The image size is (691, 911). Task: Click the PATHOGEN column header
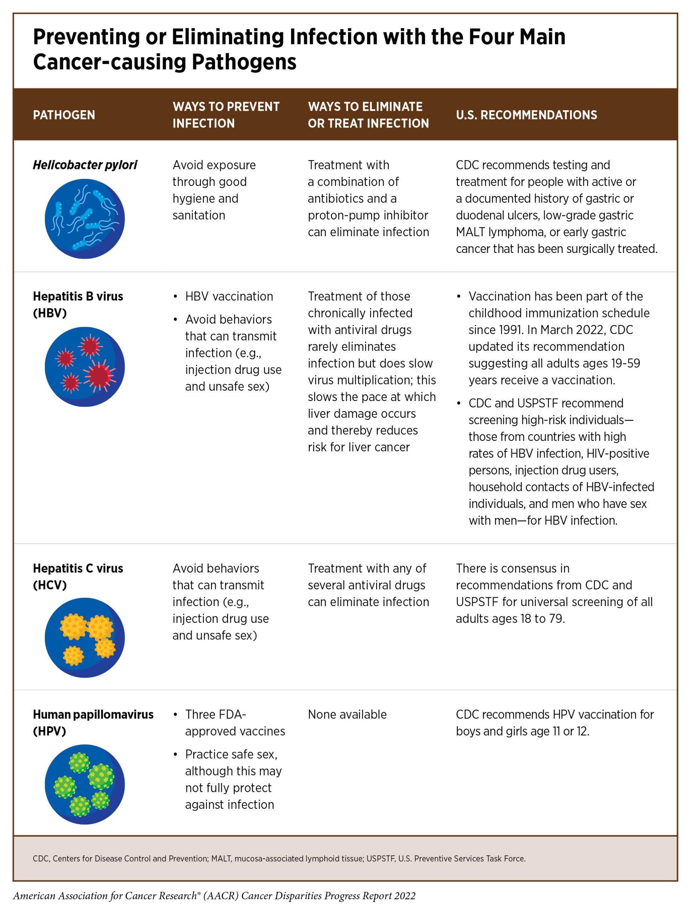point(64,115)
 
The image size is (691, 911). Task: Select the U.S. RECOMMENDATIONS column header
point(526,115)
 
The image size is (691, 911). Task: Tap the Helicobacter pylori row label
point(85,165)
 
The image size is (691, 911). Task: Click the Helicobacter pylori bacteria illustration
point(84,219)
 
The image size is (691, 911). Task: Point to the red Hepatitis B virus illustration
point(84,367)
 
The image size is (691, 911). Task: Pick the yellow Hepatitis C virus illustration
point(84,638)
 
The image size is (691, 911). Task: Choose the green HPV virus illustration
point(84,784)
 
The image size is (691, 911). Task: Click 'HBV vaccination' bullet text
point(229,296)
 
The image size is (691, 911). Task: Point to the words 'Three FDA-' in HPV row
point(215,715)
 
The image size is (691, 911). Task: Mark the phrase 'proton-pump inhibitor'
point(368,215)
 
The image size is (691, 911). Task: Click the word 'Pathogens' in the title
point(244,62)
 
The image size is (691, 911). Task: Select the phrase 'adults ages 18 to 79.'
point(510,618)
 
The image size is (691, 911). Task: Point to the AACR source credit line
point(214,896)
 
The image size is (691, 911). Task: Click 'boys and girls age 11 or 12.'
point(522,731)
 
